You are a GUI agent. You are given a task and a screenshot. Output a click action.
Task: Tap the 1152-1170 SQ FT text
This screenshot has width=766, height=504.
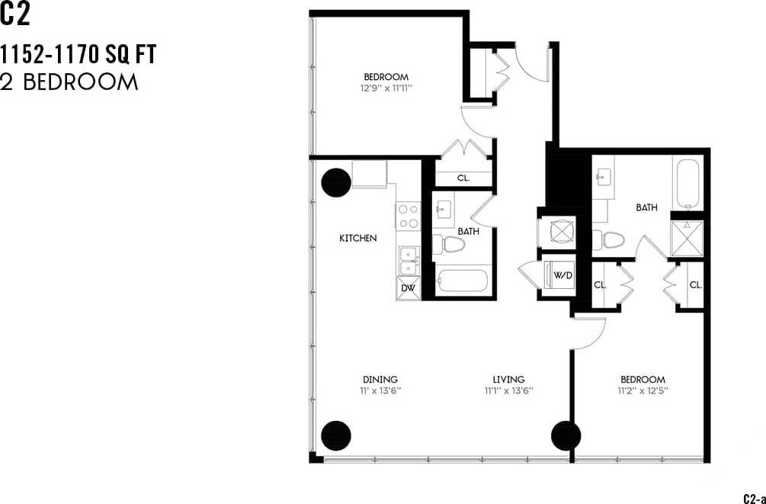[79, 55]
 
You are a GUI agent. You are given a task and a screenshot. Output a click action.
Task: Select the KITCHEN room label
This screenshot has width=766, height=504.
[358, 239]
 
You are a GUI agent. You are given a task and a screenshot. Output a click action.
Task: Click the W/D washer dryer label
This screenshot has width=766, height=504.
[562, 274]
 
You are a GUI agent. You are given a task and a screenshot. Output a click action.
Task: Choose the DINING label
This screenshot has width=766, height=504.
[380, 380]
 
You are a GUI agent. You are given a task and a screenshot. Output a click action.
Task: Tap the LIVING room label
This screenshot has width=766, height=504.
[508, 380]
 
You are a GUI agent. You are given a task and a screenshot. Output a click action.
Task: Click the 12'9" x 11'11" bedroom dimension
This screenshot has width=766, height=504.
[386, 88]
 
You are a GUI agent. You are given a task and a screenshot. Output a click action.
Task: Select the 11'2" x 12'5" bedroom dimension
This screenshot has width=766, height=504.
[643, 390]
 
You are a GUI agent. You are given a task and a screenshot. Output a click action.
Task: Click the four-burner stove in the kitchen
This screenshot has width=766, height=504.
[408, 215]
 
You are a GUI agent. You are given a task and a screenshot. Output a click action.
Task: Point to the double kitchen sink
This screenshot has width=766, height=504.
[409, 261]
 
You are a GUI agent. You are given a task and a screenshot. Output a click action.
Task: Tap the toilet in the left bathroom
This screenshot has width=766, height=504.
[450, 245]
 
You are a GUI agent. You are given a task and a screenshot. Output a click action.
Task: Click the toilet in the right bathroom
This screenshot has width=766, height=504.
[610, 240]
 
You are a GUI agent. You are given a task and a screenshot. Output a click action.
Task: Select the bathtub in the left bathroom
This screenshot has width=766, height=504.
[462, 282]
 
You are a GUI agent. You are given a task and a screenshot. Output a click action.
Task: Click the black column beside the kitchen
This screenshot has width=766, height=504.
[336, 182]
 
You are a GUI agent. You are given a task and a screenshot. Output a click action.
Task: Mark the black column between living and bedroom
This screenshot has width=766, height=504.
[566, 436]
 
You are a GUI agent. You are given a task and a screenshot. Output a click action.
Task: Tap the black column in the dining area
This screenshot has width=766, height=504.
[336, 435]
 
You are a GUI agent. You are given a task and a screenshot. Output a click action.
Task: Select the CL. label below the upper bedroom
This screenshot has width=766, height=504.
[463, 178]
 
